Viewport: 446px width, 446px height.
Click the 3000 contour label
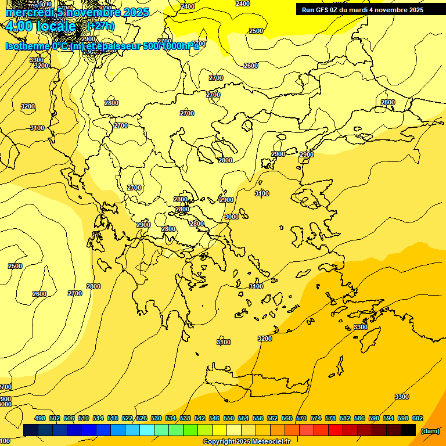(231, 217)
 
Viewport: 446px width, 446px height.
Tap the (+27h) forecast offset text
(102, 26)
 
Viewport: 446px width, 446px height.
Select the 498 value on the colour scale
(40, 418)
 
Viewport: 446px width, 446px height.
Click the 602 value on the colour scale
(418, 418)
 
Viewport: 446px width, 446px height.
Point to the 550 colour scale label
(229, 418)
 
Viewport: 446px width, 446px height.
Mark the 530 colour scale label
(156, 418)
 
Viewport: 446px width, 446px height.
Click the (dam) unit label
(430, 431)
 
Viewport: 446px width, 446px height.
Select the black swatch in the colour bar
(408, 430)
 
